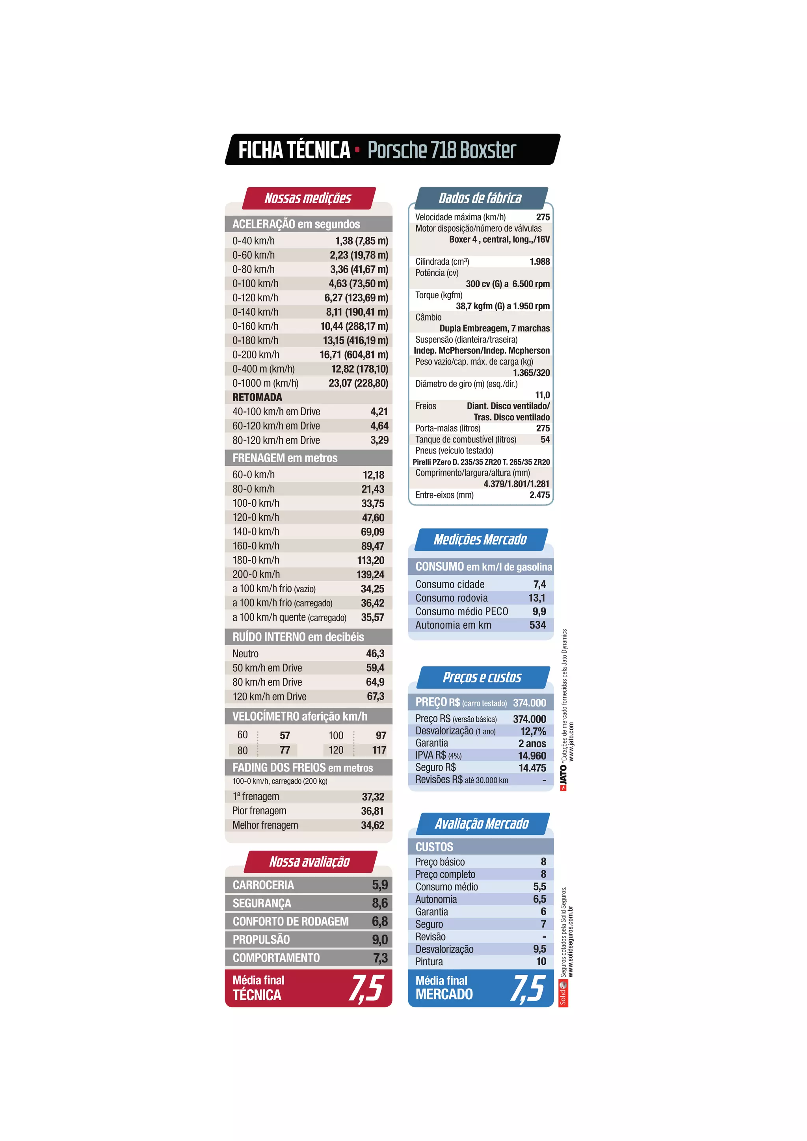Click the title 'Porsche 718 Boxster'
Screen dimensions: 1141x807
[x=441, y=150]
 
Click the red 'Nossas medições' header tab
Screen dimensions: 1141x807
[x=308, y=198]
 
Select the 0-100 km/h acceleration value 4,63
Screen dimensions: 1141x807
[x=338, y=283]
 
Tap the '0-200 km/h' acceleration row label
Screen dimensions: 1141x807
[x=256, y=355]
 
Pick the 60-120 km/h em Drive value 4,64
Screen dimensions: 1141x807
[x=379, y=426]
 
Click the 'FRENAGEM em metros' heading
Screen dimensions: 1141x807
[x=285, y=458]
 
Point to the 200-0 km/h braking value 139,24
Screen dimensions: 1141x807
[x=370, y=574]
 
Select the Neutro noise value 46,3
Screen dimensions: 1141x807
[x=375, y=654]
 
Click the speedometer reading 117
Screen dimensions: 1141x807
[x=379, y=750]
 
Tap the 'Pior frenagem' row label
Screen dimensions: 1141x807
[x=259, y=810]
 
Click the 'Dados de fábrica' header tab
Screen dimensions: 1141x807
[x=480, y=198]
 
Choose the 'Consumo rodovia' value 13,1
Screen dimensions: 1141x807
[x=537, y=598]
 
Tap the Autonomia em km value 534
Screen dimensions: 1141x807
[x=537, y=625]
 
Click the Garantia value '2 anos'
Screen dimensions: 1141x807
[x=532, y=743]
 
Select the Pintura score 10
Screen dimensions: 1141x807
[x=541, y=962]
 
